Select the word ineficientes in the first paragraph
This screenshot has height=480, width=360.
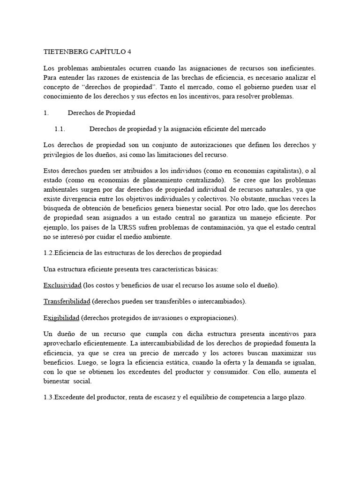295,68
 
